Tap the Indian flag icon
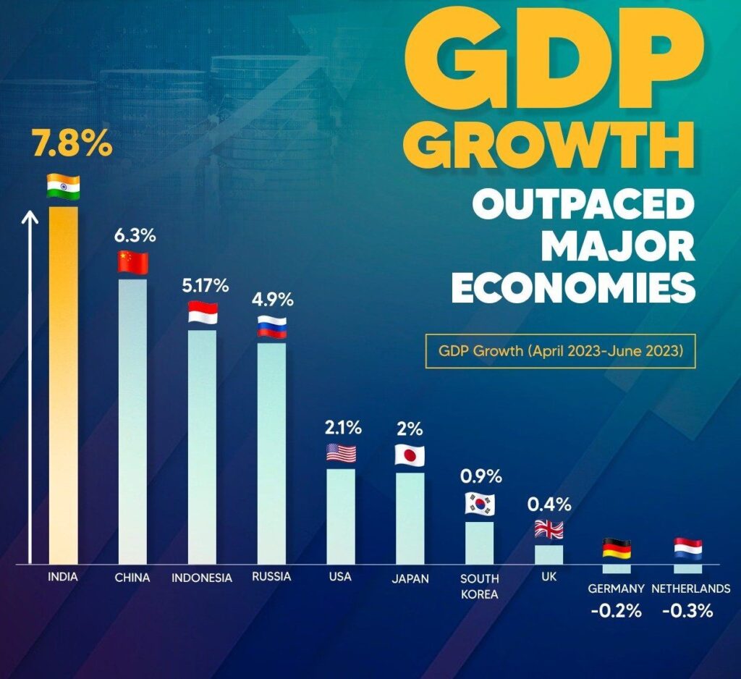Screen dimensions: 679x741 point(63,186)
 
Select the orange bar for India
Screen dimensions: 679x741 point(63,384)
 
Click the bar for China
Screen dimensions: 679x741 point(132,420)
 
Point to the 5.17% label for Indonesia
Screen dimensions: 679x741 point(206,285)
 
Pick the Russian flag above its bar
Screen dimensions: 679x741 point(272,327)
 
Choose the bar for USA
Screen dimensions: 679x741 point(341,515)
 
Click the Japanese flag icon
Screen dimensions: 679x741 point(410,455)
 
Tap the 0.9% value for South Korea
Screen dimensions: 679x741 point(481,477)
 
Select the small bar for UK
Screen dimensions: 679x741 point(549,554)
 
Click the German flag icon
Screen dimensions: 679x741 point(617,549)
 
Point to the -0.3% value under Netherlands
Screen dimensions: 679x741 point(687,610)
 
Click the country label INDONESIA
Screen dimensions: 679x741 point(202,578)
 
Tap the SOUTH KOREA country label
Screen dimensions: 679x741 point(480,586)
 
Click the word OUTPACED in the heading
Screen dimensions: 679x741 point(583,206)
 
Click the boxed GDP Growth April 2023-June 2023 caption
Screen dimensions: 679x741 point(560,351)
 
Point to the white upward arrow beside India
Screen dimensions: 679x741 point(30,384)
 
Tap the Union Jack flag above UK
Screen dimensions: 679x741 point(549,529)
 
